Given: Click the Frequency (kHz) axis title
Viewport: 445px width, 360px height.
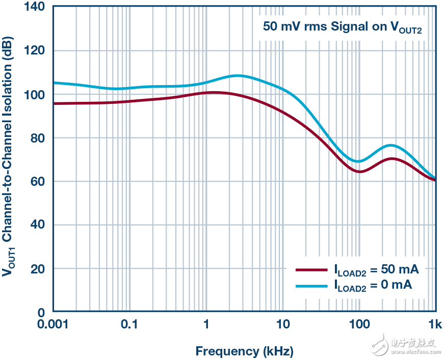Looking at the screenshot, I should point(244,351).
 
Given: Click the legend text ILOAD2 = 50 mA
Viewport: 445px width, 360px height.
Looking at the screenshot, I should point(376,270).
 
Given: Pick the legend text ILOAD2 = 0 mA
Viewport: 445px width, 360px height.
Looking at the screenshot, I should point(373,286).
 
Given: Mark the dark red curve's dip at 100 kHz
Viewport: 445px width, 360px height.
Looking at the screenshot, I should point(359,172).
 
